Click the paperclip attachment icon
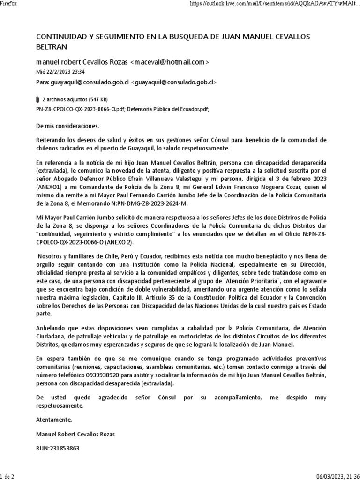pos(38,99)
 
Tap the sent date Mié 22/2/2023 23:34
pos(60,72)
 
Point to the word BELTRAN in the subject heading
pos(52,47)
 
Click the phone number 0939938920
pos(99,375)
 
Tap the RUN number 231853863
pos(58,448)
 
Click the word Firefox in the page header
pos(9,3)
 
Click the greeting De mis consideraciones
pos(67,126)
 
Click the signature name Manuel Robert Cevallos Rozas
pos(75,434)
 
